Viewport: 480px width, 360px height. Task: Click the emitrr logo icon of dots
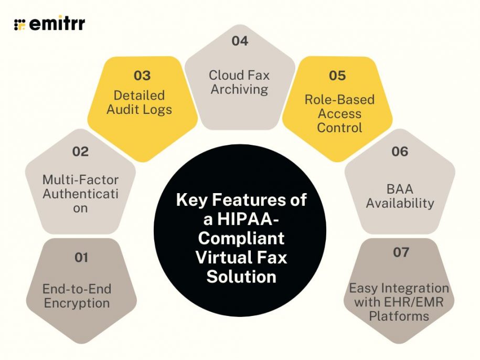20,24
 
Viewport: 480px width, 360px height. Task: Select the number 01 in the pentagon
81,258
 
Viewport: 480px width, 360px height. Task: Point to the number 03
142,76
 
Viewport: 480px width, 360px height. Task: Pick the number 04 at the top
240,40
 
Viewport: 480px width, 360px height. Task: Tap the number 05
337,76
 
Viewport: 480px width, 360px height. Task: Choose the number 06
399,152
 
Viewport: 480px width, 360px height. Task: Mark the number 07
401,252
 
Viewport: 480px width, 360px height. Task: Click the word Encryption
77,303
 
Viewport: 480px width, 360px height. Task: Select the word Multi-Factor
80,180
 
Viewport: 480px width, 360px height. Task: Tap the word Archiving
239,89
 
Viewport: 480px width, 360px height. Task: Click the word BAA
400,188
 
